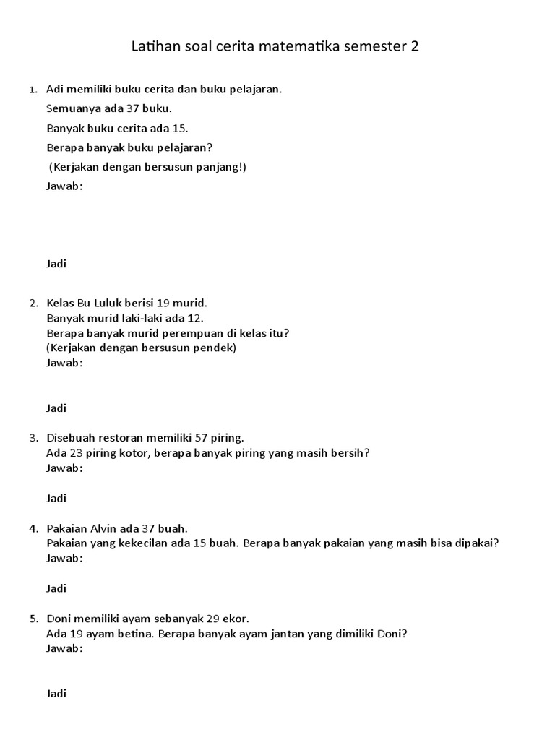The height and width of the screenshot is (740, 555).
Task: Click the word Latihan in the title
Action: pos(154,47)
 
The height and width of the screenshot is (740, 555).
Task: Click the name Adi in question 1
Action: pos(54,90)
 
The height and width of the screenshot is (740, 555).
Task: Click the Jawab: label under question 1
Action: pos(64,186)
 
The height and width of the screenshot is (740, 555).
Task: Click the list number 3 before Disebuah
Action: pos(33,438)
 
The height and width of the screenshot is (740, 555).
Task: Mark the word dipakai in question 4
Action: pos(476,543)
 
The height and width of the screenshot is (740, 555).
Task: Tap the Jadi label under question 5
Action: pos(56,694)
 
